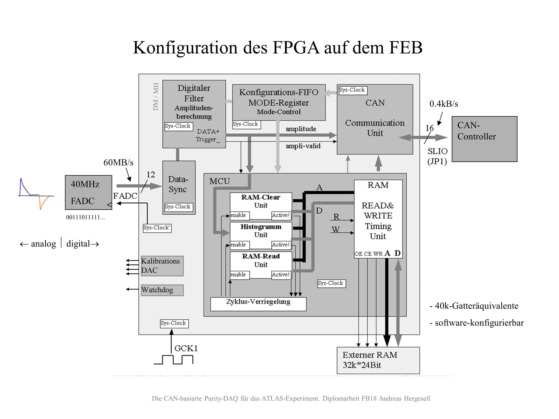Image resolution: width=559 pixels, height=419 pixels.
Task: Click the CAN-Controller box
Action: coord(484,139)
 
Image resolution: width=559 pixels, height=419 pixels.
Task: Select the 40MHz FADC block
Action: coord(88,192)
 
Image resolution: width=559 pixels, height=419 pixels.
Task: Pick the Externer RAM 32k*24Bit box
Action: coord(378,360)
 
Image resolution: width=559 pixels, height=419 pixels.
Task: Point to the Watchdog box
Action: coord(162,290)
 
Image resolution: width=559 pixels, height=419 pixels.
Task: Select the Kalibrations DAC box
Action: coord(162,266)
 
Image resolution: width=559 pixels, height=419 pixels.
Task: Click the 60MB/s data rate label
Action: coord(118,162)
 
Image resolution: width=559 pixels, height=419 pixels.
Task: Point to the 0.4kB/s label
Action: coord(443,104)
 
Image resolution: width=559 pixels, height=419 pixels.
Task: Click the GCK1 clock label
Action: coord(186,348)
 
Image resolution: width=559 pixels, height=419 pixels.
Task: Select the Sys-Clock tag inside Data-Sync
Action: coord(178,207)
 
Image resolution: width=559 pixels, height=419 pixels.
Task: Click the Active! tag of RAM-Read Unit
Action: coord(281,275)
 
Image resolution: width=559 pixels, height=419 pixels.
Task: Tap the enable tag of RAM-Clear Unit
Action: coord(239,215)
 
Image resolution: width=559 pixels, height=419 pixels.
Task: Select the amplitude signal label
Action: coord(301,129)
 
